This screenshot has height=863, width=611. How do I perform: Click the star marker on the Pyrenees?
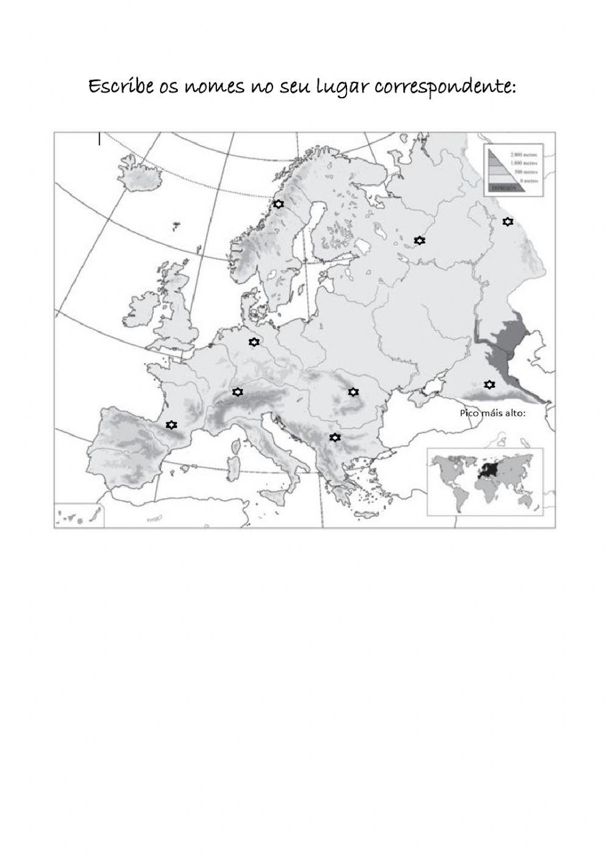coord(172,424)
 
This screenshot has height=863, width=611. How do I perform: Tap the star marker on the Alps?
coord(238,392)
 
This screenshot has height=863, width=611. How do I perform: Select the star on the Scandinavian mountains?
coord(279,204)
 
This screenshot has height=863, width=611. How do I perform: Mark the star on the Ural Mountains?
coord(507,221)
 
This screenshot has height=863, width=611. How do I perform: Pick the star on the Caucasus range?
coord(489,384)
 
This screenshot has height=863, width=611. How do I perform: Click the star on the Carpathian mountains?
coord(353,391)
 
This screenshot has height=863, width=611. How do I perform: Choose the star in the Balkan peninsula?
coord(334,437)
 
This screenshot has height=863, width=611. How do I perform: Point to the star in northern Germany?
coord(254,342)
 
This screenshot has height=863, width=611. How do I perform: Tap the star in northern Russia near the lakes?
coord(419,241)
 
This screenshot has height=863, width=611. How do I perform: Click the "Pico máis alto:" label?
coord(492,413)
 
